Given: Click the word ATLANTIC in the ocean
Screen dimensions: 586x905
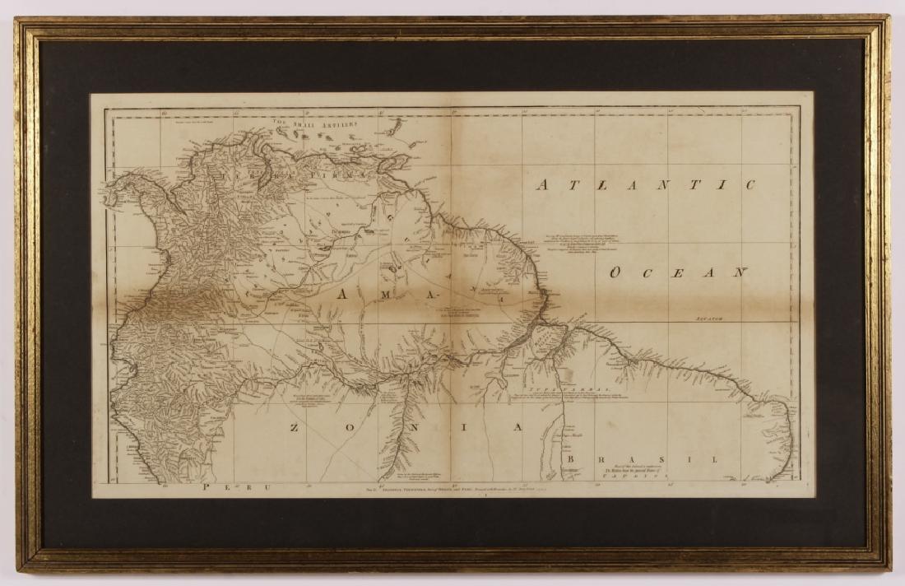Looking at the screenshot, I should (645, 184).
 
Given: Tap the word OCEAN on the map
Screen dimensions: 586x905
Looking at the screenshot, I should (677, 272).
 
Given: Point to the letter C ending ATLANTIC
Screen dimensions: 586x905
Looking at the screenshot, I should (747, 184).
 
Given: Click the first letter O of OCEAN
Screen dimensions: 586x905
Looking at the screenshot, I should (614, 273).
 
